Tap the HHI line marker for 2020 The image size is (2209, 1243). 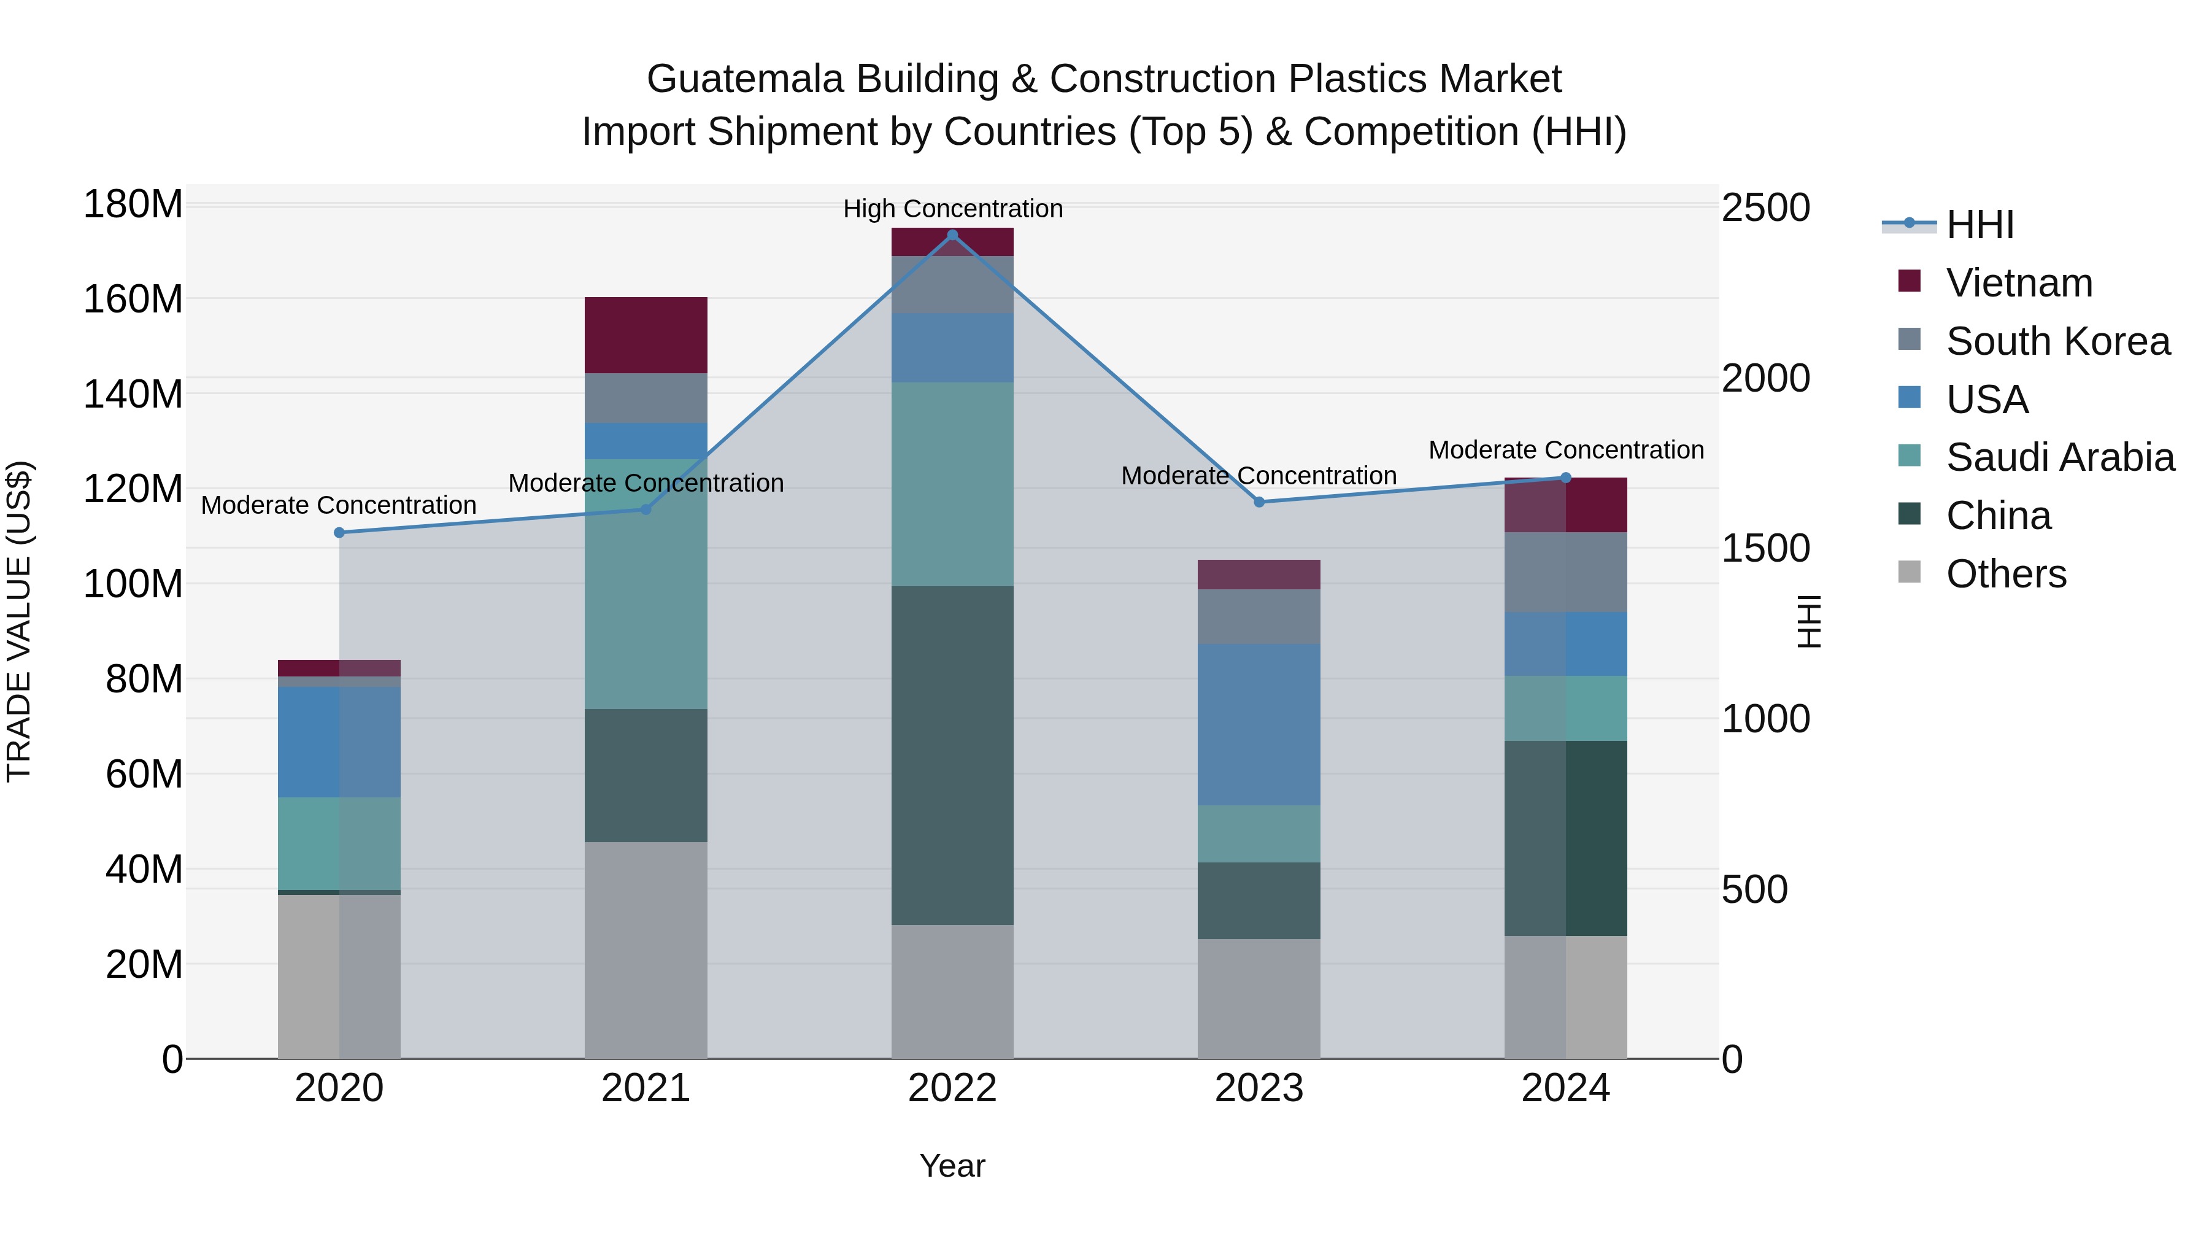[x=339, y=533]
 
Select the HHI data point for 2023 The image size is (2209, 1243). [x=1259, y=502]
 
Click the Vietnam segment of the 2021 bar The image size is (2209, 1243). [x=646, y=335]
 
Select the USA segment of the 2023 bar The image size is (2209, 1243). [x=1259, y=724]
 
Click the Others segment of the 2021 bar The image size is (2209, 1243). [x=646, y=950]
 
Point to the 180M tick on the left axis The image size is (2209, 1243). [x=133, y=205]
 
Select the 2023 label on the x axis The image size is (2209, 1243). [x=1259, y=1088]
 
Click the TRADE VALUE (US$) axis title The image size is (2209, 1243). [x=19, y=621]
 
